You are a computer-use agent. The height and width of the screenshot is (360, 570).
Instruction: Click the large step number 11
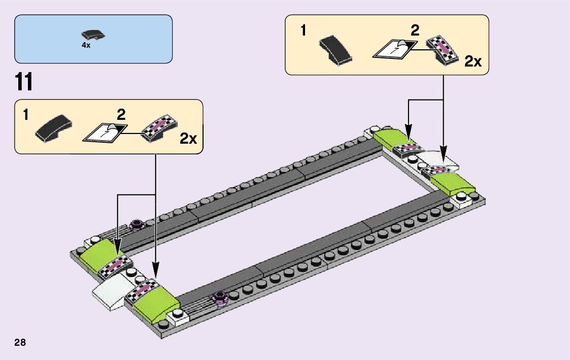tap(24, 82)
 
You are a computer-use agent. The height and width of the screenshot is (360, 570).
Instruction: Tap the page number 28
tap(20, 342)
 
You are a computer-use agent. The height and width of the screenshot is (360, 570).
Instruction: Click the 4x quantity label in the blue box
tap(86, 45)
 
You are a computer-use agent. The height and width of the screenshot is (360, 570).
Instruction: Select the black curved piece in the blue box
tap(93, 35)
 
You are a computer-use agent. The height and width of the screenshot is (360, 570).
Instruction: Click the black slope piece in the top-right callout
tap(334, 50)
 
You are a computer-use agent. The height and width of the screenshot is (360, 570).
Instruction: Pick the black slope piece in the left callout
tap(53, 128)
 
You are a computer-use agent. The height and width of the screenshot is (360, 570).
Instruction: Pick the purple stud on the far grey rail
tap(136, 223)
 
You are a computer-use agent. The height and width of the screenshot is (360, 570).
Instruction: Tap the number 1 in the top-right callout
tap(303, 31)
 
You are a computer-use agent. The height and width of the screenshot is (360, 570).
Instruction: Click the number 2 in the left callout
tap(121, 114)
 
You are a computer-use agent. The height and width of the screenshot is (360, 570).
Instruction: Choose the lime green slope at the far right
tap(450, 183)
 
